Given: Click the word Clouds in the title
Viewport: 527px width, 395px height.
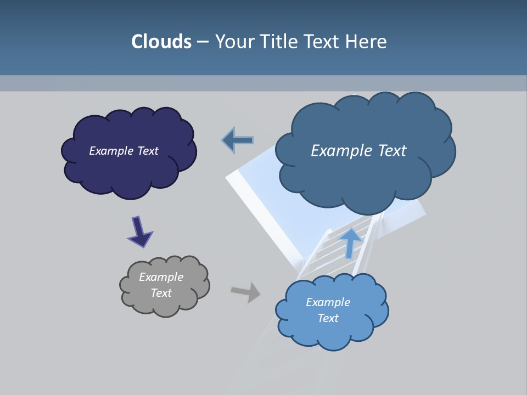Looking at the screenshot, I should coord(161,42).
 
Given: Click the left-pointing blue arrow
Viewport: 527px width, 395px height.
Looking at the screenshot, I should coord(238,140).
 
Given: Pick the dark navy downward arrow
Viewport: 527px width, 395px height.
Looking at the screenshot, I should coord(139,232).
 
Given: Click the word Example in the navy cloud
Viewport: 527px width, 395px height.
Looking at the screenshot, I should coord(111,151).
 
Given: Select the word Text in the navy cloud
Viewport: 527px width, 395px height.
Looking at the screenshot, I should coord(147,151).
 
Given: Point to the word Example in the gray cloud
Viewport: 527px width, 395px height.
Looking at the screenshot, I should coord(161,277).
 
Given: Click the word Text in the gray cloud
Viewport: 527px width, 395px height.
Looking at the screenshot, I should coord(161,293).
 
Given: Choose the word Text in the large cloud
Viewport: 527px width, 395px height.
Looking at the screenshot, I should coord(391,151).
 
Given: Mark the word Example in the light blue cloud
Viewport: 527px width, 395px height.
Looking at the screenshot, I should coord(328,302).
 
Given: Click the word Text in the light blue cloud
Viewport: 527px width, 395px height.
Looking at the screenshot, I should coord(328,318).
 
